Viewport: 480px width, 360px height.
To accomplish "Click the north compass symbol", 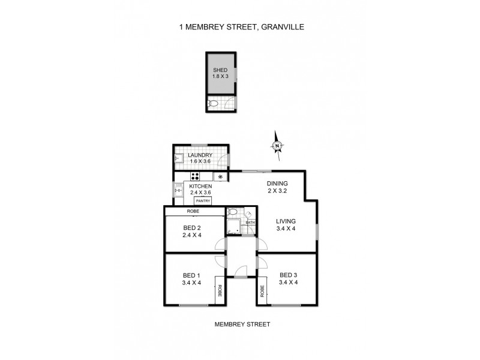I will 277,146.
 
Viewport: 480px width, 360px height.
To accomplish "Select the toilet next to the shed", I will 214,104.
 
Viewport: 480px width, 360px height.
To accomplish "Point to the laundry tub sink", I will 179,160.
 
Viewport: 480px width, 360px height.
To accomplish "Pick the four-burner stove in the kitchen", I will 195,176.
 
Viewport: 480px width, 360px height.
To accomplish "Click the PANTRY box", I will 202,201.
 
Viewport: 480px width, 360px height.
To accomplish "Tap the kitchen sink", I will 178,191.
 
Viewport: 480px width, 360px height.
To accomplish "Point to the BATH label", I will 250,223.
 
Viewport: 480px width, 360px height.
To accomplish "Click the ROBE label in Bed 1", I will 220,292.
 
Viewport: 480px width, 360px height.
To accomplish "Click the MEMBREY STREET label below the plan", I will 242,324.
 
